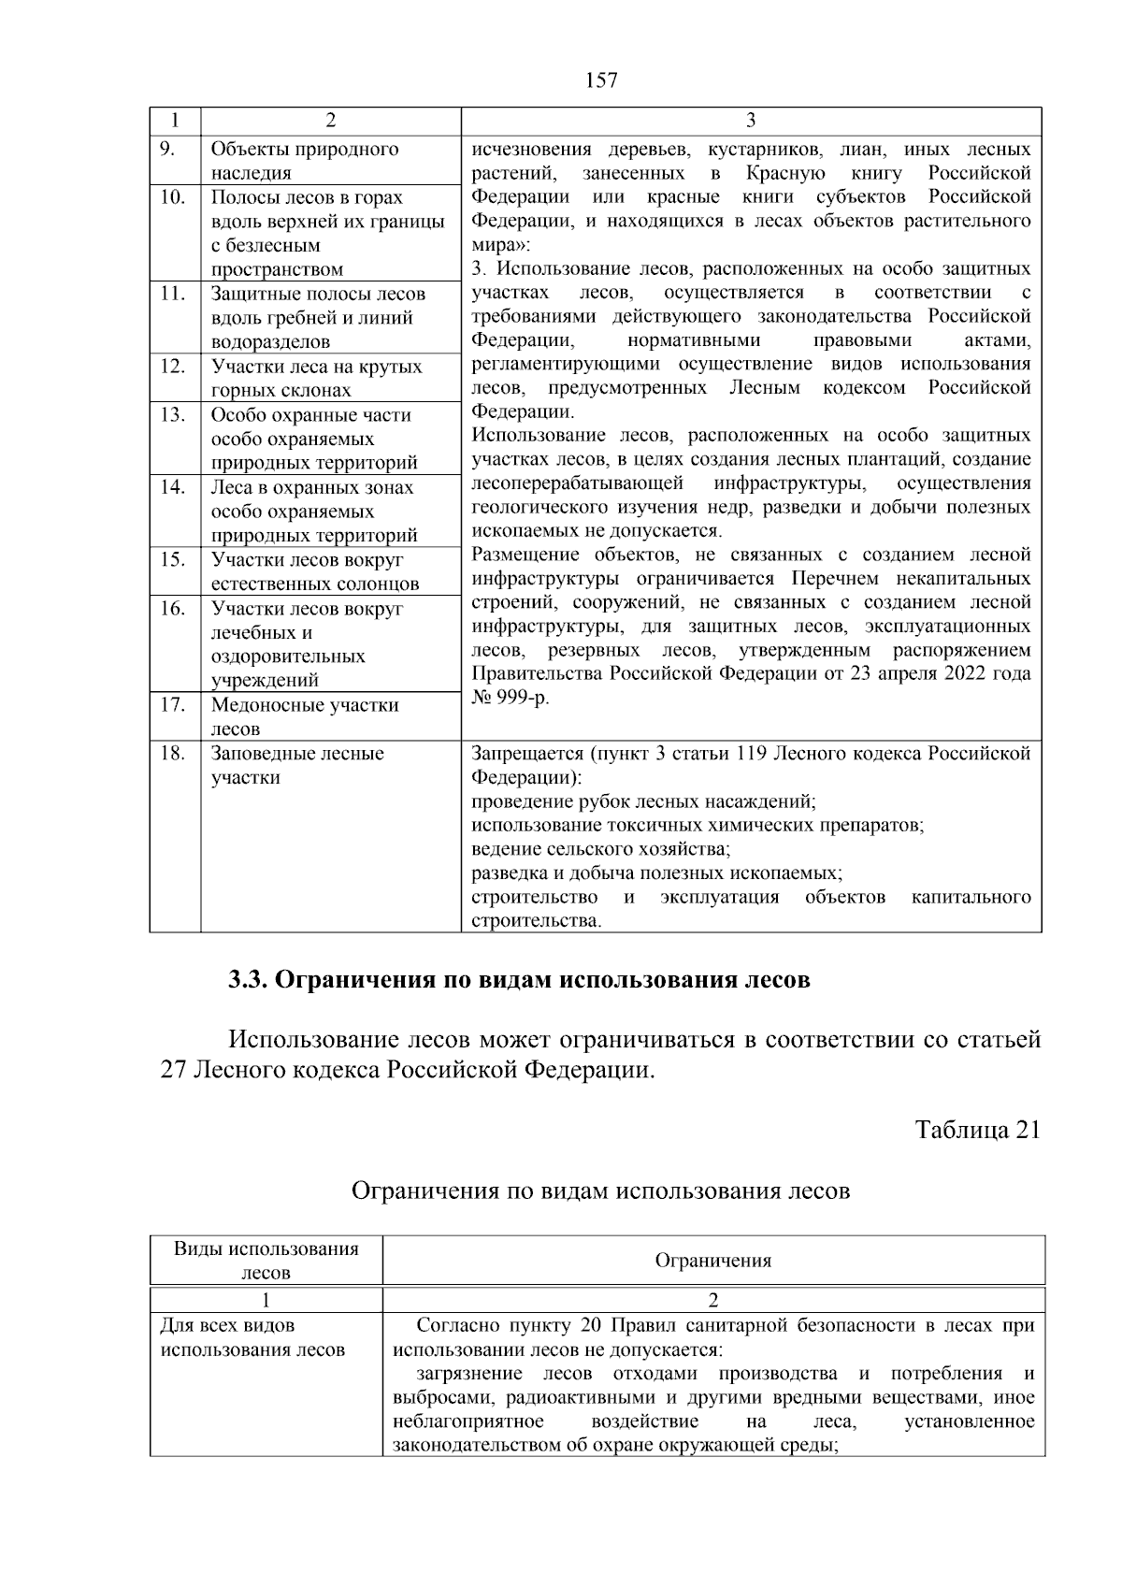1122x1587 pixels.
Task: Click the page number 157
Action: [x=601, y=80]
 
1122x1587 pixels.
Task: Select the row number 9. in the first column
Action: [x=168, y=150]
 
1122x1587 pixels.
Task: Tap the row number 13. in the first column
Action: [x=172, y=415]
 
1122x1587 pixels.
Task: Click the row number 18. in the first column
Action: [x=172, y=754]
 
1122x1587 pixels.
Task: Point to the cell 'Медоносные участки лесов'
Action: [x=305, y=717]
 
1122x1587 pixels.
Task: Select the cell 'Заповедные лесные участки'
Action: [x=297, y=766]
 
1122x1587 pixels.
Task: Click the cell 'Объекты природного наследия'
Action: [x=305, y=161]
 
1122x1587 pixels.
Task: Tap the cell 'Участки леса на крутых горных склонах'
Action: [x=316, y=379]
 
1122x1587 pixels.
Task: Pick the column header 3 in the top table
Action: [x=751, y=121]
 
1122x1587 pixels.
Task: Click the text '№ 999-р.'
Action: [x=510, y=699]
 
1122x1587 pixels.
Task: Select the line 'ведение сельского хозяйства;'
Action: [x=600, y=849]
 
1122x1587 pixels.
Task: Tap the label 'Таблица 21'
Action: [x=977, y=1130]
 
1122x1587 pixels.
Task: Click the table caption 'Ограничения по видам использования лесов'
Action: [x=600, y=1191]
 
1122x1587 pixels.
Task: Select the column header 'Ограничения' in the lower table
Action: [x=713, y=1261]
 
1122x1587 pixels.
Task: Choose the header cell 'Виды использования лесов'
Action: [x=266, y=1261]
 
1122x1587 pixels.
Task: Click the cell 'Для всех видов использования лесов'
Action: [x=252, y=1338]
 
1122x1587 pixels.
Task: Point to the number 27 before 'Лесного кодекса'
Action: [x=174, y=1071]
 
